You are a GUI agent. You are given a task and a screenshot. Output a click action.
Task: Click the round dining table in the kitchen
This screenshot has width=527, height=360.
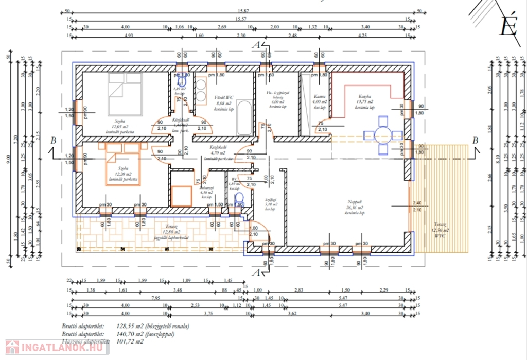pyautogui.click(x=382, y=135)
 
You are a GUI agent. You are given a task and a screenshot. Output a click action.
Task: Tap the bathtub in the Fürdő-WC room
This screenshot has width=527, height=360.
pyautogui.click(x=244, y=117)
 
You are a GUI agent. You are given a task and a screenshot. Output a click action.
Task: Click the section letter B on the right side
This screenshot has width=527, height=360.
pyautogui.click(x=475, y=140)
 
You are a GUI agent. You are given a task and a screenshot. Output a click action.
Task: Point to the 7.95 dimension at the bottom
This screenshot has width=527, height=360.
pyautogui.click(x=155, y=298)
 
